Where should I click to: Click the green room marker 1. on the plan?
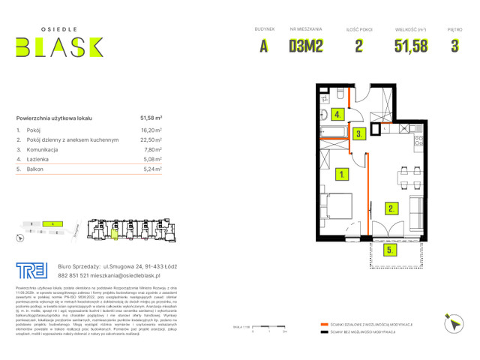pyautogui.click(x=342, y=175)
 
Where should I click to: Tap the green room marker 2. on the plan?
pyautogui.click(x=391, y=208)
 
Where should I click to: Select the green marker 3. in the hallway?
pyautogui.click(x=360, y=134)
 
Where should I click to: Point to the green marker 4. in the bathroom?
pyautogui.click(x=339, y=115)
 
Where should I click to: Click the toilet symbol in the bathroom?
pyautogui.click(x=324, y=115)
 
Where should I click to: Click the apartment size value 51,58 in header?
pyautogui.click(x=411, y=46)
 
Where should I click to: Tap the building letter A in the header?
pyautogui.click(x=264, y=46)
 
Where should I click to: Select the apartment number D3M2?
pyautogui.click(x=305, y=46)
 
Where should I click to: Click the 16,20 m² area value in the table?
pyautogui.click(x=151, y=130)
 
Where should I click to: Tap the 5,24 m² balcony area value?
pyautogui.click(x=151, y=169)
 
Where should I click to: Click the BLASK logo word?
pyautogui.click(x=59, y=47)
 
